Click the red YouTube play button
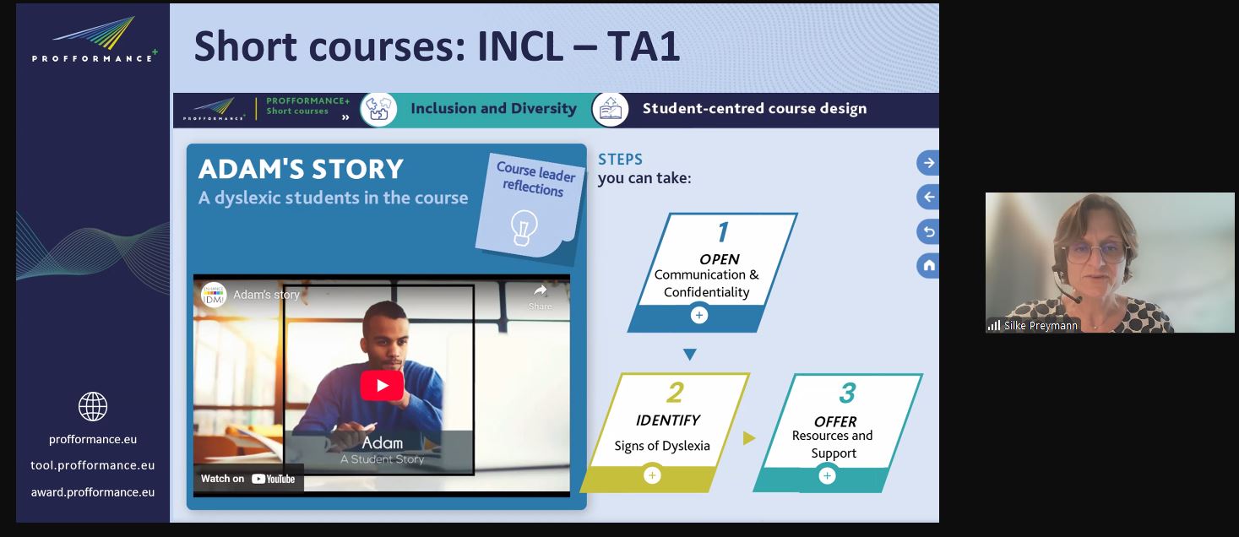382,386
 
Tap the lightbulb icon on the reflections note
523,227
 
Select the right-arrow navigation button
928,163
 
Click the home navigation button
928,265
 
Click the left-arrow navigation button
928,197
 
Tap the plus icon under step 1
699,315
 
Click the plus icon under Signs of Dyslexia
652,475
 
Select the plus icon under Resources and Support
827,475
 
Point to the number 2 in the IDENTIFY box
676,393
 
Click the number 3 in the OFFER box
847,393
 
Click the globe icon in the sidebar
93,406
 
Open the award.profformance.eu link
93,492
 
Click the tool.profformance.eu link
93,465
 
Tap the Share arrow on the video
540,291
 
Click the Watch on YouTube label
247,479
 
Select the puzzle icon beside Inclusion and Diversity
379,109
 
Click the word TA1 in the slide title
643,46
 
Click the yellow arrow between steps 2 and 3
749,438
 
